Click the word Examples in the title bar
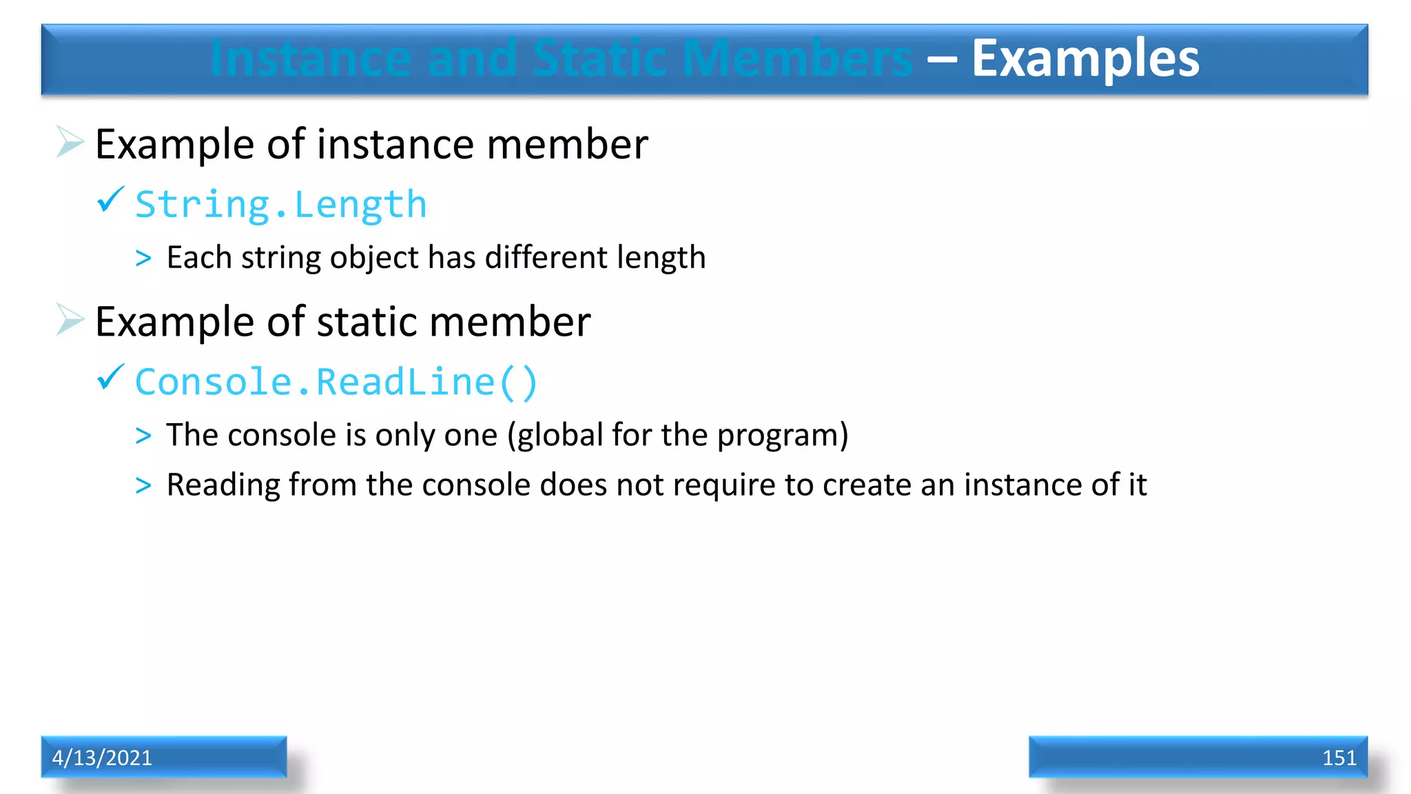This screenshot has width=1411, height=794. point(1085,59)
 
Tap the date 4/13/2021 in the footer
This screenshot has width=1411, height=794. point(102,757)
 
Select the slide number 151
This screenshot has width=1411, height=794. point(1339,757)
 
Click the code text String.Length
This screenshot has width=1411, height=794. point(281,205)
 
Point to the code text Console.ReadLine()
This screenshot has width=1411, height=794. point(336,383)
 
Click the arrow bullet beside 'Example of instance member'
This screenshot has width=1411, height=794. point(70,142)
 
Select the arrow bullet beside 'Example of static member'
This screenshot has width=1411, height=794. point(70,319)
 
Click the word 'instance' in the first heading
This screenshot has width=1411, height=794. point(395,145)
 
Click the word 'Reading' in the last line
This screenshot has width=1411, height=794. point(223,485)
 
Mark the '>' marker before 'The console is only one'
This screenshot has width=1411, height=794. point(143,436)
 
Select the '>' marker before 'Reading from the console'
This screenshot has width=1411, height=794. point(143,485)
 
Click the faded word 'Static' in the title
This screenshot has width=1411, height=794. point(599,59)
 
